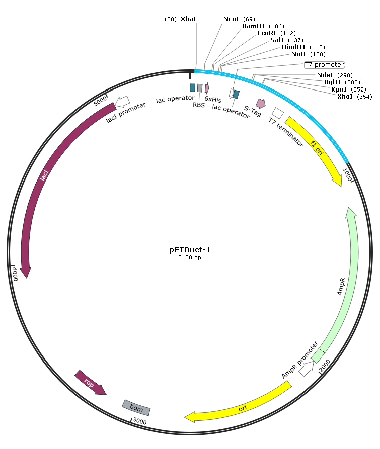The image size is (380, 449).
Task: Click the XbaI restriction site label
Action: pos(188,19)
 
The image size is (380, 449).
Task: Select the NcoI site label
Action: pos(231,19)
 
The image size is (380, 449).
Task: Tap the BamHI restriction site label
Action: pos(253,26)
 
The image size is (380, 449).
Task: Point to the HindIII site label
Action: pos(293,47)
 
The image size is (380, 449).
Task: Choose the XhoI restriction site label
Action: pos(345,97)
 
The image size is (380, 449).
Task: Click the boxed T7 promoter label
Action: pos(325,65)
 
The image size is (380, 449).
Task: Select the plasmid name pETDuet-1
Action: pos(190,250)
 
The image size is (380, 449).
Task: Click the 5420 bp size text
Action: pos(190,257)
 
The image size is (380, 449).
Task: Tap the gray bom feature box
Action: pos(136,407)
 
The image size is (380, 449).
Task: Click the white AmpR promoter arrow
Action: pos(307,369)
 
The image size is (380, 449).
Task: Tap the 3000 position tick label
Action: pos(140,421)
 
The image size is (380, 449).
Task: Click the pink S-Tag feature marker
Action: pos(261,104)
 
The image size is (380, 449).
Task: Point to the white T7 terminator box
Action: pos(278,113)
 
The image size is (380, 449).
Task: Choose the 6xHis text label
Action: pos(212,99)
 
